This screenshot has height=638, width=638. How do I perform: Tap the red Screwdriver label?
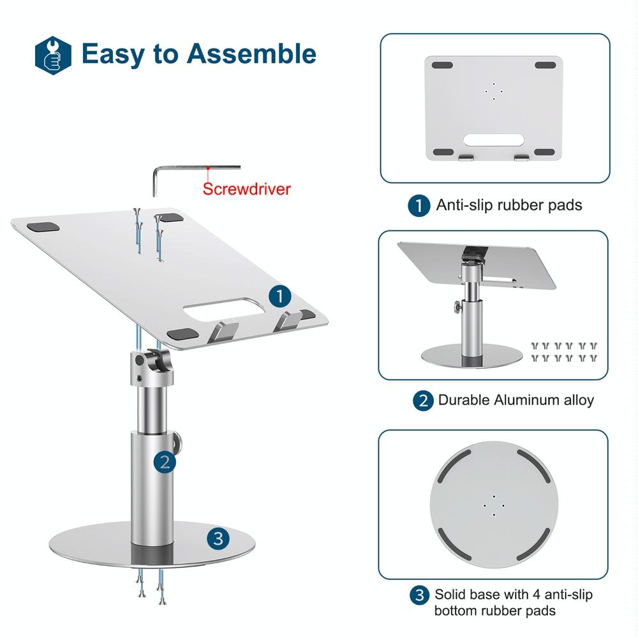pyautogui.click(x=246, y=189)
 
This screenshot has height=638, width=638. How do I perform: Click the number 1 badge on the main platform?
pyautogui.click(x=279, y=296)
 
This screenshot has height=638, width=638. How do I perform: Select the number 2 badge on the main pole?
pyautogui.click(x=165, y=461)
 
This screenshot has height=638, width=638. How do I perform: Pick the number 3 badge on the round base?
pyautogui.click(x=218, y=539)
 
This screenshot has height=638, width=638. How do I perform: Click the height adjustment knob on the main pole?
pyautogui.click(x=179, y=441)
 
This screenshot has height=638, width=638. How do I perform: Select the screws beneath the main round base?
pyautogui.click(x=150, y=586)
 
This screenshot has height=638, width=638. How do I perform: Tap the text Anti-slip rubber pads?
pyautogui.click(x=508, y=205)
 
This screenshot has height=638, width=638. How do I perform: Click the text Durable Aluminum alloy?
pyautogui.click(x=516, y=401)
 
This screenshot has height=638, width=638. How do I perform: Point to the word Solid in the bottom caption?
pyautogui.click(x=450, y=595)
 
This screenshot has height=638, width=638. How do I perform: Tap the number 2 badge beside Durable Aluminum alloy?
pyautogui.click(x=423, y=401)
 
